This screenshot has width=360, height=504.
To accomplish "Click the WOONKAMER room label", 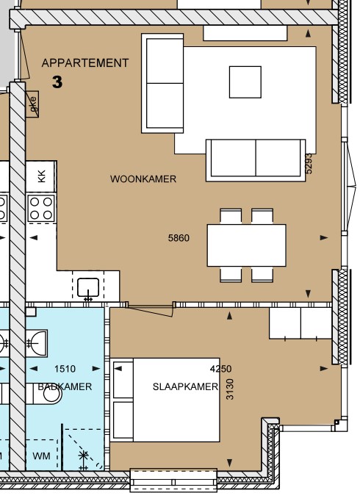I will coord(143,179).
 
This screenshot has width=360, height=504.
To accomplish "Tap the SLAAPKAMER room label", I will coord(185,386).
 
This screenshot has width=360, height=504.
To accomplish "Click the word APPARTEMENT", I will coord(85,63).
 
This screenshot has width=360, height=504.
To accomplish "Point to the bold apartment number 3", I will coord(57,82).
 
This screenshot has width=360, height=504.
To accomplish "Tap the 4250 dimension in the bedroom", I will coord(220,369).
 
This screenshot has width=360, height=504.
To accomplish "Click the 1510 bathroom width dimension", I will coord(66,369).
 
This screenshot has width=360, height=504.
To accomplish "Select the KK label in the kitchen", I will coord(42,175).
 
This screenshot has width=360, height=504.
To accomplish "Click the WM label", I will coord(42,456).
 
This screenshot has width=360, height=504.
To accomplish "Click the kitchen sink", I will coord(88,287).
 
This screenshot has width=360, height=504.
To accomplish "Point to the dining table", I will coord(247,245).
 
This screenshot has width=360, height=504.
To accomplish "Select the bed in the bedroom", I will coord(165,400).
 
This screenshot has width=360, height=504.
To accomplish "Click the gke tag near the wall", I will coord(32,102).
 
